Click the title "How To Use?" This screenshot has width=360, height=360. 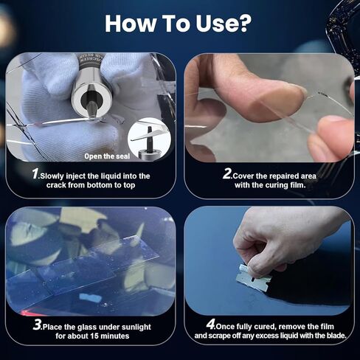[180, 22]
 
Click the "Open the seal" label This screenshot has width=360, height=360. [108, 155]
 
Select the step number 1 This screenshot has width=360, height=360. [35, 175]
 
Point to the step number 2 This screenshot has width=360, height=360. [227, 175]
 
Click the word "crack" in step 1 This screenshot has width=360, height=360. [50, 187]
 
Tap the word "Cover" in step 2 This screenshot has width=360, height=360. [248, 176]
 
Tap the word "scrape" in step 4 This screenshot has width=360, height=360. [227, 336]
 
